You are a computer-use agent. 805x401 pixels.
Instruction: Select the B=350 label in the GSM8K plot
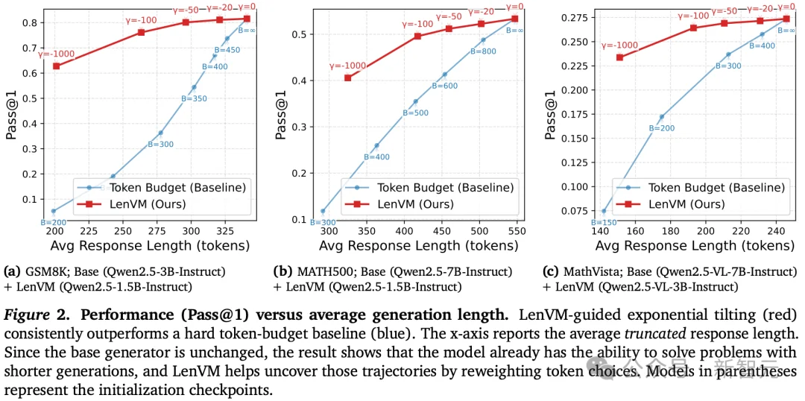coord(194,98)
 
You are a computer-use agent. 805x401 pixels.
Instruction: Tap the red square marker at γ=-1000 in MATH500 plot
coord(347,78)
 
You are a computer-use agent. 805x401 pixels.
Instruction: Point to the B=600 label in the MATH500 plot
coord(444,86)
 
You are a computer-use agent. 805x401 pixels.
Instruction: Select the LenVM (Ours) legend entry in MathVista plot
coord(686,203)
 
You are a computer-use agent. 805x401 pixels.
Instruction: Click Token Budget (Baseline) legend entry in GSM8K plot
coord(160,187)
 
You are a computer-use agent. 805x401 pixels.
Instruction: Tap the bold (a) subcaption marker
coord(10,271)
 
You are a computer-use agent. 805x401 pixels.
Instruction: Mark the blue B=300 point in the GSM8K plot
coord(160,133)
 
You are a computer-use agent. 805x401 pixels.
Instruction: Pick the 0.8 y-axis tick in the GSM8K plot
coord(37,22)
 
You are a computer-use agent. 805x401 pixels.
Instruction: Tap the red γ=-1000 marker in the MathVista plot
coord(619,57)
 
